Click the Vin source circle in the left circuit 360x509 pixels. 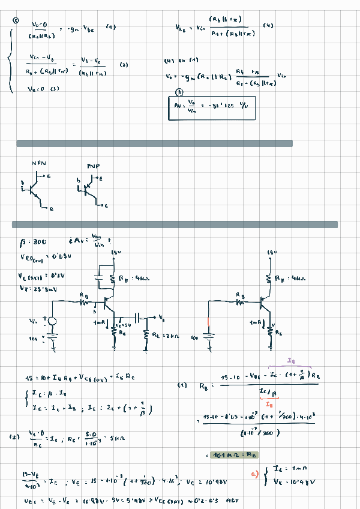[52, 322]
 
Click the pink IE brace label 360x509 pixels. [291, 361]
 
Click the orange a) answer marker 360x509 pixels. [254, 476]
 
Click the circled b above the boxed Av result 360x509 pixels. [178, 92]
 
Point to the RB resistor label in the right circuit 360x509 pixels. [241, 296]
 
